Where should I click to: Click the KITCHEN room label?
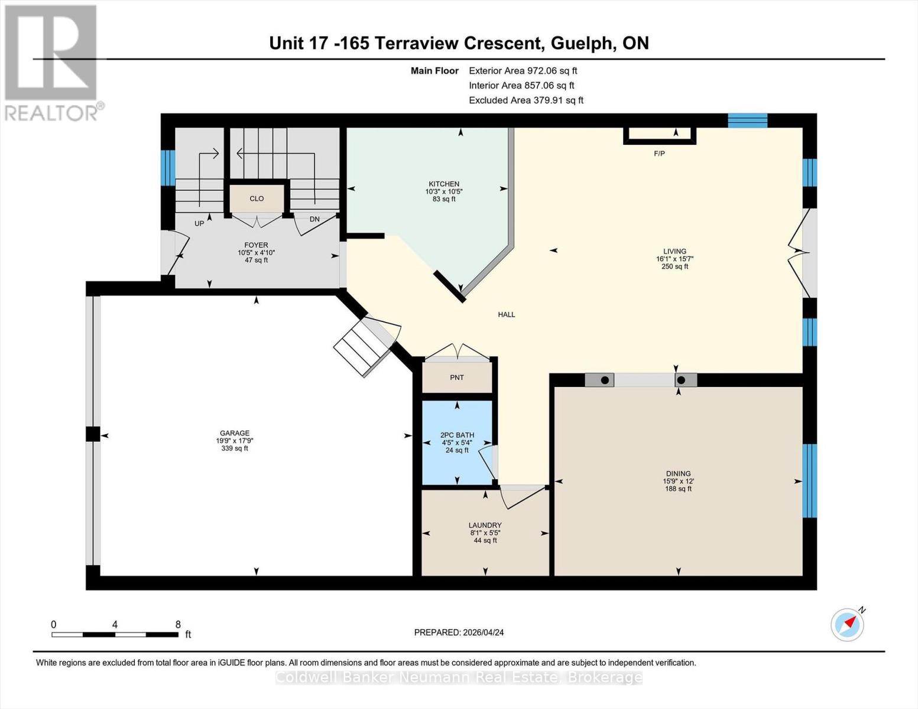(444, 184)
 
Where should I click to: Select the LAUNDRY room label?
(485, 525)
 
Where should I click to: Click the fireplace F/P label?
(659, 154)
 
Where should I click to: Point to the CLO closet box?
(257, 199)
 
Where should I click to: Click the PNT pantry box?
(457, 378)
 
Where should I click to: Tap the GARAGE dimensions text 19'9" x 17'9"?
(235, 441)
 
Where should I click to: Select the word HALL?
(507, 315)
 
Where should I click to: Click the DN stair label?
(314, 219)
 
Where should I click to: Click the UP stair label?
(199, 224)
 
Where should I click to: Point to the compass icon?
(847, 625)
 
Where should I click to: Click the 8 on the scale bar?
(178, 625)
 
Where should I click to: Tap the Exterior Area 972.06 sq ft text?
(523, 70)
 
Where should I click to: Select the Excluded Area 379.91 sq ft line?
(526, 100)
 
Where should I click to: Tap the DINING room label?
(678, 473)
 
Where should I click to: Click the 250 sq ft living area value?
(674, 266)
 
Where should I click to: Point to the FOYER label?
(256, 245)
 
